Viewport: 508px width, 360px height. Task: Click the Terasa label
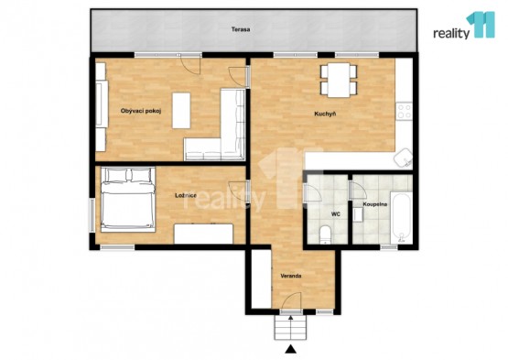click(241, 29)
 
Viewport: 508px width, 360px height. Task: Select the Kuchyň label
click(325, 114)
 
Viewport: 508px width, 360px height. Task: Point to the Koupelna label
click(375, 204)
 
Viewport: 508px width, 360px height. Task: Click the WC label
click(335, 214)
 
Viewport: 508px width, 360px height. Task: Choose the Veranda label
click(291, 276)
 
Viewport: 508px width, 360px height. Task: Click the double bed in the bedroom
click(128, 200)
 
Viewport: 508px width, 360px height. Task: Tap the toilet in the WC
click(325, 235)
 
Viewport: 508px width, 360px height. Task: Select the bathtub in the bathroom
click(401, 218)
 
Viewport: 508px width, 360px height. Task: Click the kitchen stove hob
click(405, 111)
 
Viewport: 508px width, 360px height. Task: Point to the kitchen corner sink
click(403, 158)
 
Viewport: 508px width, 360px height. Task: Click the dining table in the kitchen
click(339, 80)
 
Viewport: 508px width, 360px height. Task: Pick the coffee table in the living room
click(181, 111)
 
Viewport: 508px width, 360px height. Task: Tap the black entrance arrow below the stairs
click(291, 349)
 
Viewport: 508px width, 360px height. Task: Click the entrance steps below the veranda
click(290, 328)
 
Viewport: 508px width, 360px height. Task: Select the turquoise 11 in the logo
click(481, 25)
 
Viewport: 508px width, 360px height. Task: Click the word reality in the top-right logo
click(451, 33)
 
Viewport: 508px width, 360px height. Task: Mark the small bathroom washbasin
click(358, 215)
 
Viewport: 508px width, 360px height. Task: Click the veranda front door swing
click(291, 300)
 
